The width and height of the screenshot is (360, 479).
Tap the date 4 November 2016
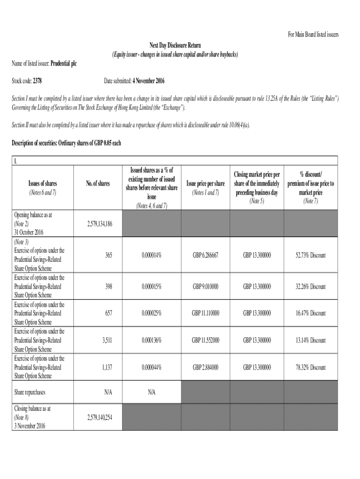[148, 81]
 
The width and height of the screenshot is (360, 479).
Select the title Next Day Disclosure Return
[175, 45]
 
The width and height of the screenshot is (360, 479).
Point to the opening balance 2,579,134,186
[99, 224]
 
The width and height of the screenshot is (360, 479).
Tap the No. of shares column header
[98, 183]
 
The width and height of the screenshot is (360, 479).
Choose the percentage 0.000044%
[151, 367]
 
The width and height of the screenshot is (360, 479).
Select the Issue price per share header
[205, 183]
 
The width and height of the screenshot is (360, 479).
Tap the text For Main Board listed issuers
[312, 35]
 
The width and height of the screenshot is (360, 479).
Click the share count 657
[108, 313]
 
